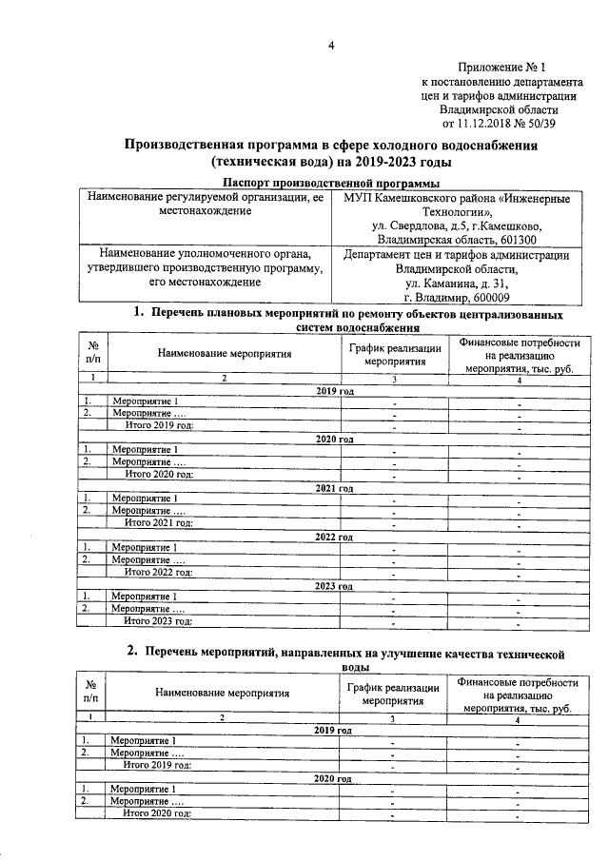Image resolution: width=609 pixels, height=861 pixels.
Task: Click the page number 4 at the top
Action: click(331, 46)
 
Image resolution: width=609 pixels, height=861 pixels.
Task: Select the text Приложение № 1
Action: click(502, 68)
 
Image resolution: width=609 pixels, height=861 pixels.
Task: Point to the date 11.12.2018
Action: click(490, 123)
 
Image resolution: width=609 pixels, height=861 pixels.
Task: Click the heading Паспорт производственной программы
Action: click(330, 183)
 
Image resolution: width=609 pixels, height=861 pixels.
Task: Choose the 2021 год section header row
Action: click(333, 487)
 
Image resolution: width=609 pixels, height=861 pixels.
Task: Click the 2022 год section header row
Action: click(333, 536)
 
